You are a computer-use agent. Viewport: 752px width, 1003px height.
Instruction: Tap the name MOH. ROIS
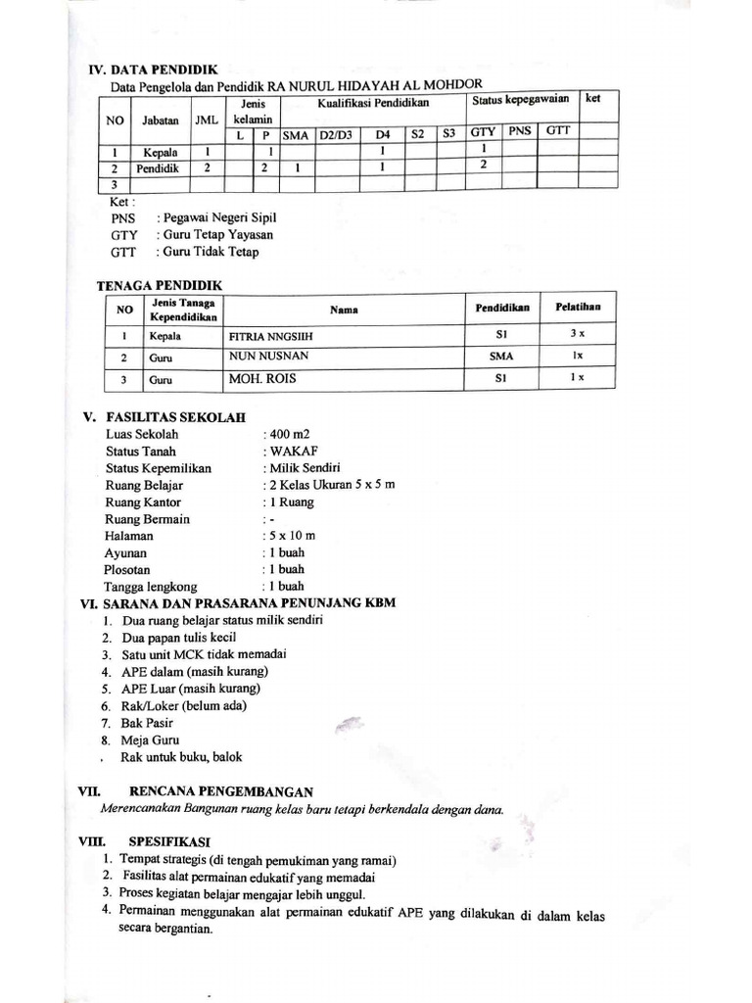(262, 378)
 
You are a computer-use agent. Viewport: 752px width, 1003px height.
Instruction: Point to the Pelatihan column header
(579, 307)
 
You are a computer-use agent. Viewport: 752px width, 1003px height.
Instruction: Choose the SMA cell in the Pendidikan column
(501, 358)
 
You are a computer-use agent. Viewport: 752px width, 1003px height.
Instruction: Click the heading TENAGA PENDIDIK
(160, 285)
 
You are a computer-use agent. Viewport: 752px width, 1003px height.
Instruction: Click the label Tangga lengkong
(155, 586)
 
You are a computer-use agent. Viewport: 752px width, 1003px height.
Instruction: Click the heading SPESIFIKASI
(168, 841)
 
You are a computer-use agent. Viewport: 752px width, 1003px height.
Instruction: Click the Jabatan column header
(160, 120)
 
